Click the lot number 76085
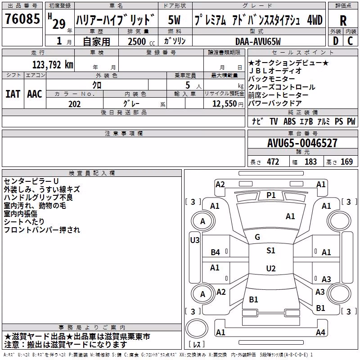(x=22, y=19)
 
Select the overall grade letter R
(x=343, y=21)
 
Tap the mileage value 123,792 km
(x=53, y=65)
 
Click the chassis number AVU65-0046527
(x=302, y=143)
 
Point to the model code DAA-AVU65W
(x=258, y=41)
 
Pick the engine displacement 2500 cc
(x=141, y=41)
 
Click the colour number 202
(x=74, y=104)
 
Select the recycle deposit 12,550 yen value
(x=228, y=104)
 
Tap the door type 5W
(x=174, y=20)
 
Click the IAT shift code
(x=13, y=94)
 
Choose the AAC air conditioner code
(x=35, y=94)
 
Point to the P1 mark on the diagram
(x=271, y=195)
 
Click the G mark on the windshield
(x=257, y=237)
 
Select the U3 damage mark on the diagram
(x=195, y=240)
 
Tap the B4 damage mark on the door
(x=216, y=252)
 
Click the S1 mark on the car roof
(x=271, y=251)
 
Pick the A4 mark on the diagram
(x=320, y=332)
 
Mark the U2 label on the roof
(x=271, y=268)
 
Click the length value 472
(x=273, y=162)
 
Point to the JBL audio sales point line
(x=275, y=71)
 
